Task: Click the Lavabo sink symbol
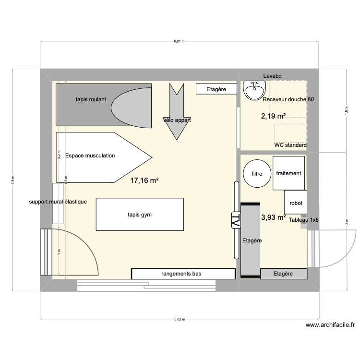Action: (x=254, y=90)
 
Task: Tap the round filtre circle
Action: (x=256, y=174)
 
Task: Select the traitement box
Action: (x=288, y=173)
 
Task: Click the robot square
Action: (x=296, y=203)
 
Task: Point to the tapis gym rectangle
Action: (x=140, y=215)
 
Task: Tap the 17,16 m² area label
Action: (x=144, y=181)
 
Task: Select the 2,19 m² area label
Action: (x=273, y=116)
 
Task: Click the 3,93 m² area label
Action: (x=273, y=217)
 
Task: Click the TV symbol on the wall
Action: (x=236, y=221)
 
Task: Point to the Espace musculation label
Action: (x=90, y=156)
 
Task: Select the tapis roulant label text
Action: (x=91, y=99)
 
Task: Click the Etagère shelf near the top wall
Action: (x=216, y=89)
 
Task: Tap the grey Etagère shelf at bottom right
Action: (x=283, y=274)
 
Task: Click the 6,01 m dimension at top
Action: (x=179, y=42)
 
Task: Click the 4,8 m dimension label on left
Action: (x=13, y=180)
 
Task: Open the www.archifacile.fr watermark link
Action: (x=330, y=325)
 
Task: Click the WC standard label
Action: (x=290, y=145)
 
